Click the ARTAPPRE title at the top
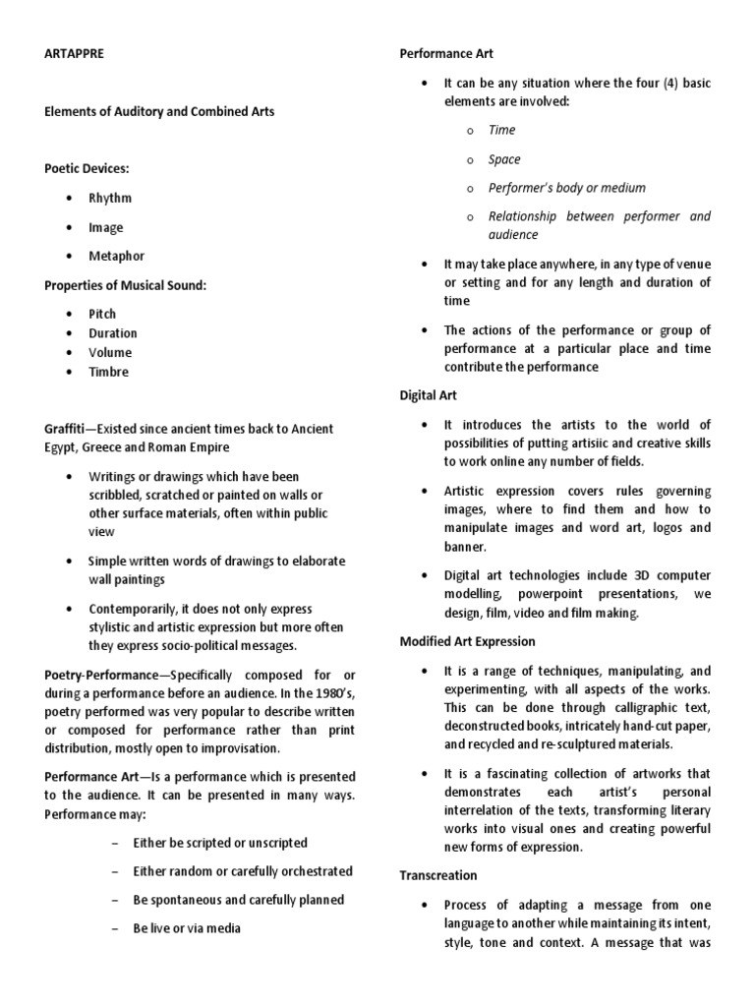pyautogui.click(x=74, y=53)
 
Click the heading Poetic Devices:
pyautogui.click(x=87, y=169)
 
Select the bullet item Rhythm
pyautogui.click(x=110, y=198)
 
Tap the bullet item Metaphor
pyautogui.click(x=116, y=256)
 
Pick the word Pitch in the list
pyautogui.click(x=102, y=314)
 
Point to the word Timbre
pyautogui.click(x=108, y=372)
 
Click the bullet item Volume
pyautogui.click(x=110, y=352)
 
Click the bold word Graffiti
pyautogui.click(x=66, y=429)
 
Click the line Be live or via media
pyautogui.click(x=187, y=927)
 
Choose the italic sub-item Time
pyautogui.click(x=501, y=130)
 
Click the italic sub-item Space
pyautogui.click(x=504, y=159)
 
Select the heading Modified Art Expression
pyautogui.click(x=467, y=641)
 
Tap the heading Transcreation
pyautogui.click(x=438, y=875)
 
